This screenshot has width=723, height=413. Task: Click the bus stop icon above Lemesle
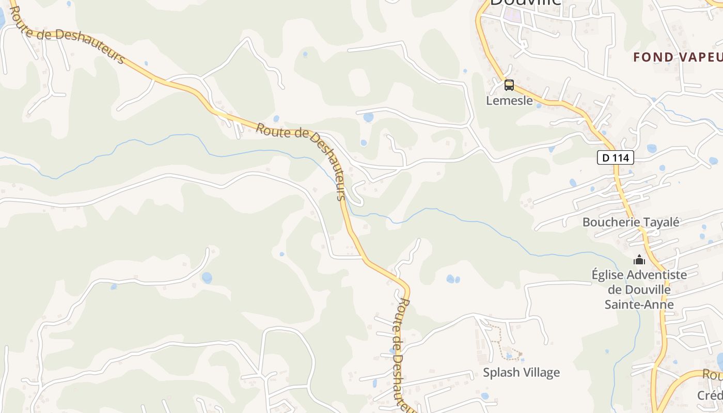(x=509, y=85)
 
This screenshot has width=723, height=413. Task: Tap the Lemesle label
(x=509, y=101)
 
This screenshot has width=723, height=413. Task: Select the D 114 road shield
(x=616, y=158)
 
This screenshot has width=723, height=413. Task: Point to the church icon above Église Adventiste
(x=639, y=260)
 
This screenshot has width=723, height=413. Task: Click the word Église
(x=609, y=275)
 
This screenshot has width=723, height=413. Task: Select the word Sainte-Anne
(x=639, y=305)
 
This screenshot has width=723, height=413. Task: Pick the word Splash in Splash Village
(x=500, y=373)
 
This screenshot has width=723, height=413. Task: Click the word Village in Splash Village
(x=541, y=373)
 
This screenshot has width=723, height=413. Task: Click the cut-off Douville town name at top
(x=525, y=3)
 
